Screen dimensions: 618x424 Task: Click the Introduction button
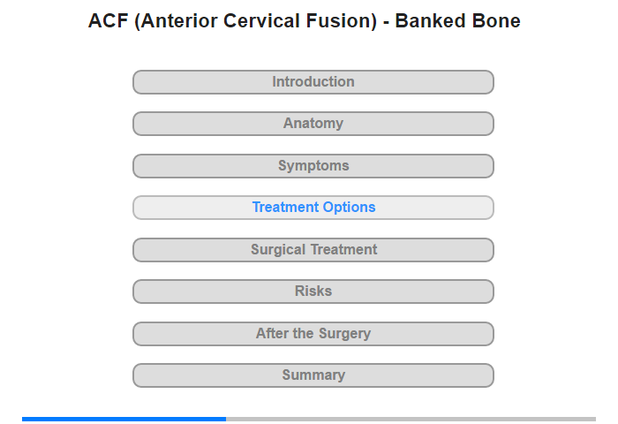point(313,82)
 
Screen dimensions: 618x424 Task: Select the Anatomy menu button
point(313,124)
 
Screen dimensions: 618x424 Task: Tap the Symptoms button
point(313,166)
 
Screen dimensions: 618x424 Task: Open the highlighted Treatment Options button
point(313,208)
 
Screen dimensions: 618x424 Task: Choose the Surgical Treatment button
point(313,250)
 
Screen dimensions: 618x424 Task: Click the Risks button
point(313,291)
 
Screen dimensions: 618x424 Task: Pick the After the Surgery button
point(313,334)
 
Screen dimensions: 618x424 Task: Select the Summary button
point(313,375)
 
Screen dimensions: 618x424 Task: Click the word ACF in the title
point(108,21)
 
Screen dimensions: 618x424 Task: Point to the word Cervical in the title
point(261,21)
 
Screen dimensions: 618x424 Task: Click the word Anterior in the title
point(177,22)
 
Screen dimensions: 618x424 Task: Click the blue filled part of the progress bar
point(124,419)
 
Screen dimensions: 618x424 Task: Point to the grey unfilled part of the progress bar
point(411,419)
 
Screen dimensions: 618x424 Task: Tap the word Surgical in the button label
point(278,250)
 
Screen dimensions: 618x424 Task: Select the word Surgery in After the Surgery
point(345,334)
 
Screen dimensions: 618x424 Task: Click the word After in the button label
point(272,333)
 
